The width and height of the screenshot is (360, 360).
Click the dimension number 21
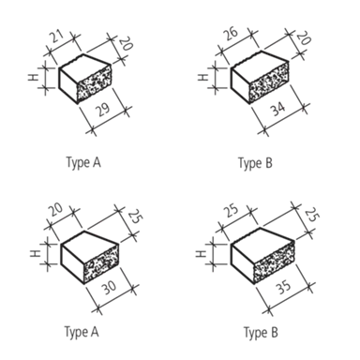[x=56, y=37]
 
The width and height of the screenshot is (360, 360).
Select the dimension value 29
[x=103, y=109]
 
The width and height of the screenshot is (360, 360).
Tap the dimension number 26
[x=232, y=34]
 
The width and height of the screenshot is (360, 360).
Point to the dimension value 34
[x=277, y=109]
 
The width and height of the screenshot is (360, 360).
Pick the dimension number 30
[x=109, y=288]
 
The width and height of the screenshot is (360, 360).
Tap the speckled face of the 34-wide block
[x=269, y=82]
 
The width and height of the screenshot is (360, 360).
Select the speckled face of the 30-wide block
[x=101, y=263]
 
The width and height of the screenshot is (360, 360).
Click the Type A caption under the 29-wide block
[x=83, y=163]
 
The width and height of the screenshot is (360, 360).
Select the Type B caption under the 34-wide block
[x=255, y=163]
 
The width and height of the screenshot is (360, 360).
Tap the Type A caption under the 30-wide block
[x=82, y=332]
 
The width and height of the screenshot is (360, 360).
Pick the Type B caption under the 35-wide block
[x=261, y=333]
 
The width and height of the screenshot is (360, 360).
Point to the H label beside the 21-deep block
[x=34, y=77]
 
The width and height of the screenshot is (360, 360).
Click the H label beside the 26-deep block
[x=203, y=77]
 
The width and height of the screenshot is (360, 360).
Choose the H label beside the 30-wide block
[x=36, y=253]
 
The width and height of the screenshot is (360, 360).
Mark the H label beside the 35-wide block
[x=202, y=254]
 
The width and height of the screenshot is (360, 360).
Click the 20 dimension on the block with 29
[x=126, y=43]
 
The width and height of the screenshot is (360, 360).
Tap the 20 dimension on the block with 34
[x=303, y=38]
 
